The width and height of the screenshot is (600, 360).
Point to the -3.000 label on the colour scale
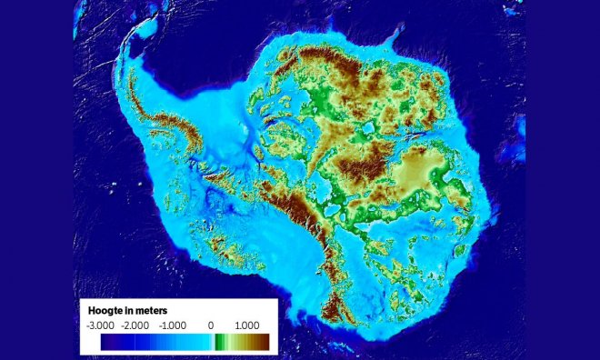[x=100, y=325]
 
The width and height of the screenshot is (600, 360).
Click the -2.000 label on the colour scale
[x=136, y=325]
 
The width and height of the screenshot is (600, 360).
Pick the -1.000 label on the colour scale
[x=173, y=325]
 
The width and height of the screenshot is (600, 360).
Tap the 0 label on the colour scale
[x=211, y=325]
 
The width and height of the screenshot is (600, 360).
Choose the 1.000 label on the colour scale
[x=246, y=325]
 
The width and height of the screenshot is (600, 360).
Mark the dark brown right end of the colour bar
[x=264, y=342]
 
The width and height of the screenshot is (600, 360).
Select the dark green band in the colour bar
[x=218, y=342]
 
